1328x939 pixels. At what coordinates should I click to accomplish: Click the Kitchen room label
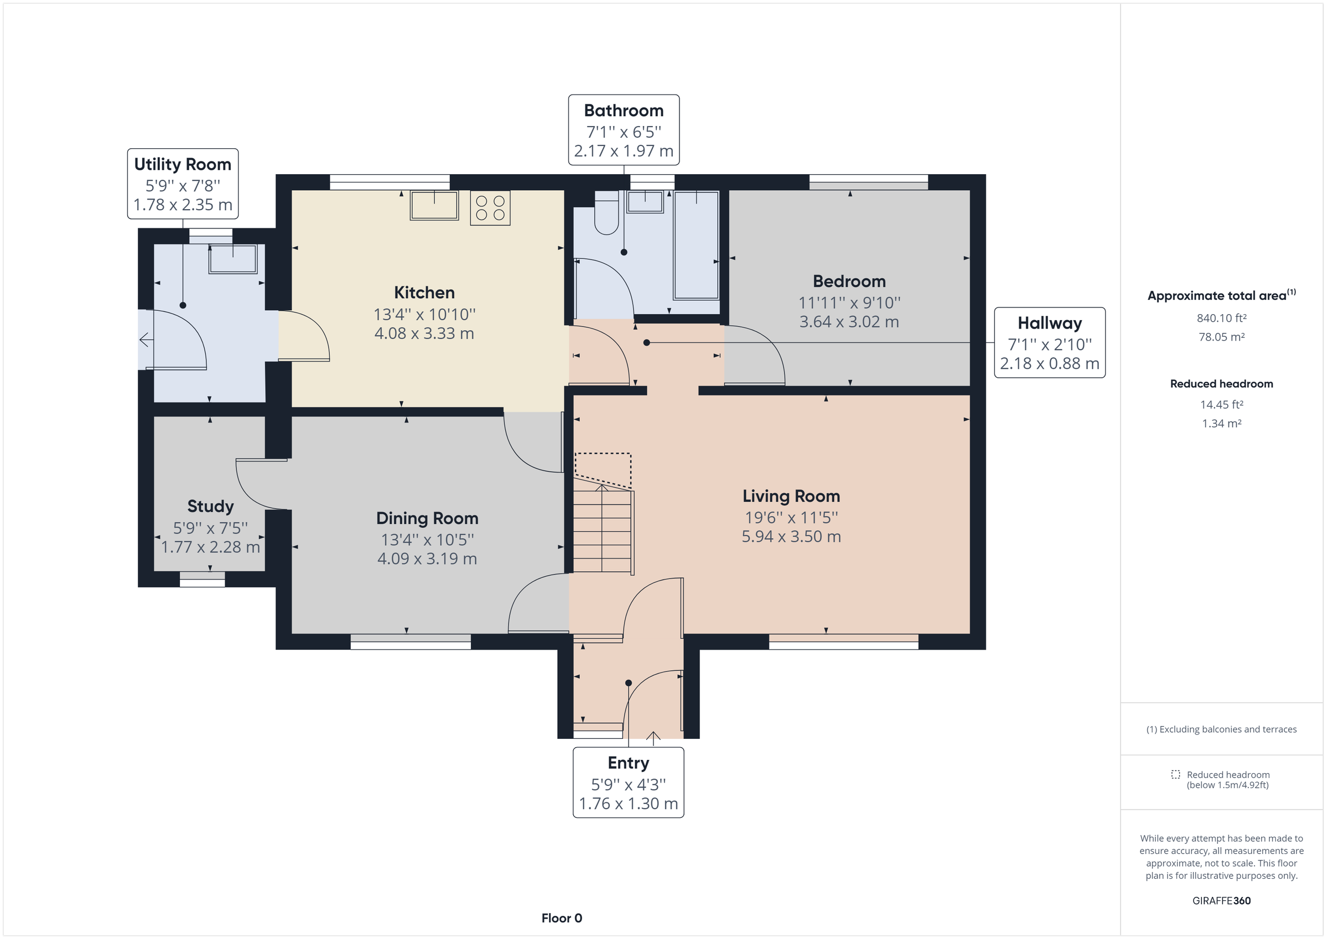click(x=424, y=293)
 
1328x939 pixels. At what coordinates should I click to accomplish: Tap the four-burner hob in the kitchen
click(x=490, y=208)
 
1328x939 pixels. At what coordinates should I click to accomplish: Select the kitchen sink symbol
click(x=434, y=205)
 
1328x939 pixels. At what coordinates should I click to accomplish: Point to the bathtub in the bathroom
click(x=697, y=245)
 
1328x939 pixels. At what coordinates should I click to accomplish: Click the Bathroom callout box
click(x=624, y=130)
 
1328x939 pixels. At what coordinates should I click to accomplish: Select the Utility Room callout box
click(x=183, y=184)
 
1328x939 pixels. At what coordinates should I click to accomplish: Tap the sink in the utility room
click(x=233, y=259)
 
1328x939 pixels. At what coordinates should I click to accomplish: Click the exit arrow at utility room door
click(x=146, y=340)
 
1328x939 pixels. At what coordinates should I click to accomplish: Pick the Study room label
click(x=210, y=507)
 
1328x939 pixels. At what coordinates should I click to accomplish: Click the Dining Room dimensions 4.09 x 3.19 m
click(x=427, y=559)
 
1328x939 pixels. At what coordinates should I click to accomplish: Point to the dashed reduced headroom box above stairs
click(x=603, y=468)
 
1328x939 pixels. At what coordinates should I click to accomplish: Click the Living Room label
click(x=791, y=496)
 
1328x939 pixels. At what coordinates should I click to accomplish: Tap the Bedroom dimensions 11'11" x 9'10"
click(x=849, y=303)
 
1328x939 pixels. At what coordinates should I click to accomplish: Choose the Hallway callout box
click(x=1049, y=343)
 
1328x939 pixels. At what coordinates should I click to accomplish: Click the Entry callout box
click(x=628, y=783)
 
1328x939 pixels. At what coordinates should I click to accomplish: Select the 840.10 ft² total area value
click(x=1221, y=318)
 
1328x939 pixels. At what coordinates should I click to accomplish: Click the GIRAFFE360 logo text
click(x=1221, y=901)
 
